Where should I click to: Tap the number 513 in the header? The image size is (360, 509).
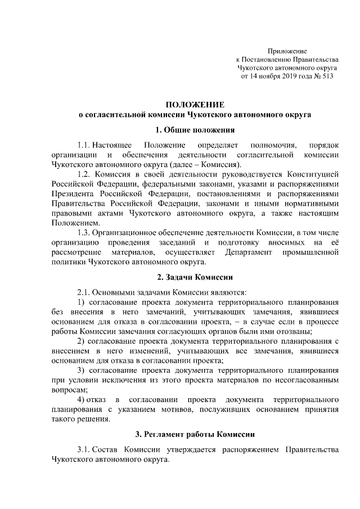(x=327, y=76)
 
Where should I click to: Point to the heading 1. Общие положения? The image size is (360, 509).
(x=195, y=130)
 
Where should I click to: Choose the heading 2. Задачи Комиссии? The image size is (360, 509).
(x=195, y=277)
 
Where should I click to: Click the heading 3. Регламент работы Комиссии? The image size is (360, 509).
(x=195, y=434)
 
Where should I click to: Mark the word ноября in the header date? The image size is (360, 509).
(x=263, y=76)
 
